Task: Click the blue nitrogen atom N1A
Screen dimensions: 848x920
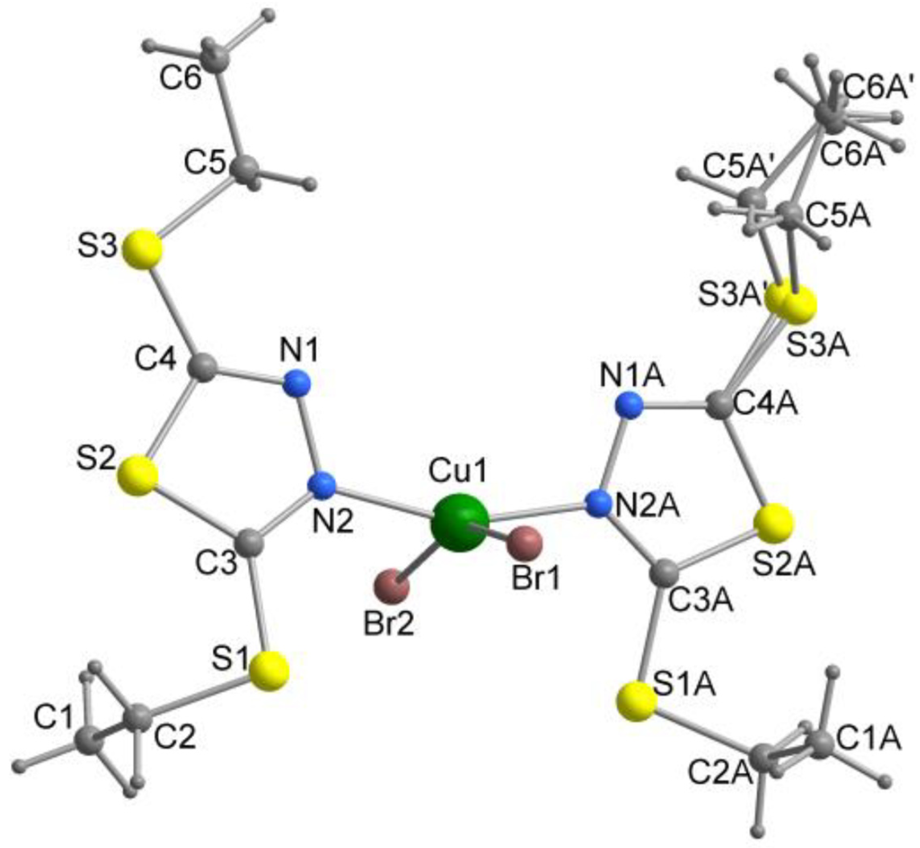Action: (x=629, y=405)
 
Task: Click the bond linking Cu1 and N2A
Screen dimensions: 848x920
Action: (x=532, y=512)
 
